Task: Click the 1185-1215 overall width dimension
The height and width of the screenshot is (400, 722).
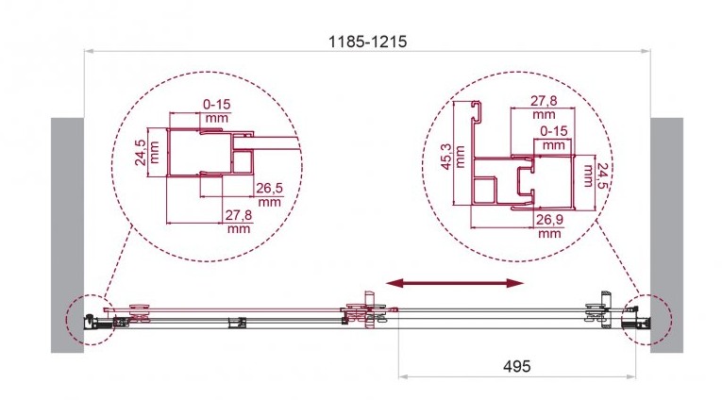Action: coord(367,42)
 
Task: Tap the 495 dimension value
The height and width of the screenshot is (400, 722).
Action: coord(516,366)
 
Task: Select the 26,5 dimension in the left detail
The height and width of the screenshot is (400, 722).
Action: coord(269,189)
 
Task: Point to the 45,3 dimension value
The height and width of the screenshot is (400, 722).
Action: coord(446,157)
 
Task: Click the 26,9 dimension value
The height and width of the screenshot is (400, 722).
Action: coord(549,220)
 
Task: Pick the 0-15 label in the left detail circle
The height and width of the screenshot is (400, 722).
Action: coord(216,105)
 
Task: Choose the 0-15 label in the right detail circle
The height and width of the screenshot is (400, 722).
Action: coord(553,131)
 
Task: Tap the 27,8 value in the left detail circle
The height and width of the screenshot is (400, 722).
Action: coord(239,215)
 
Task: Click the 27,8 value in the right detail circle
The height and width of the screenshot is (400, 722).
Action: coord(544,100)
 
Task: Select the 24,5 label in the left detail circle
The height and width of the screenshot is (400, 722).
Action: coord(141,153)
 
